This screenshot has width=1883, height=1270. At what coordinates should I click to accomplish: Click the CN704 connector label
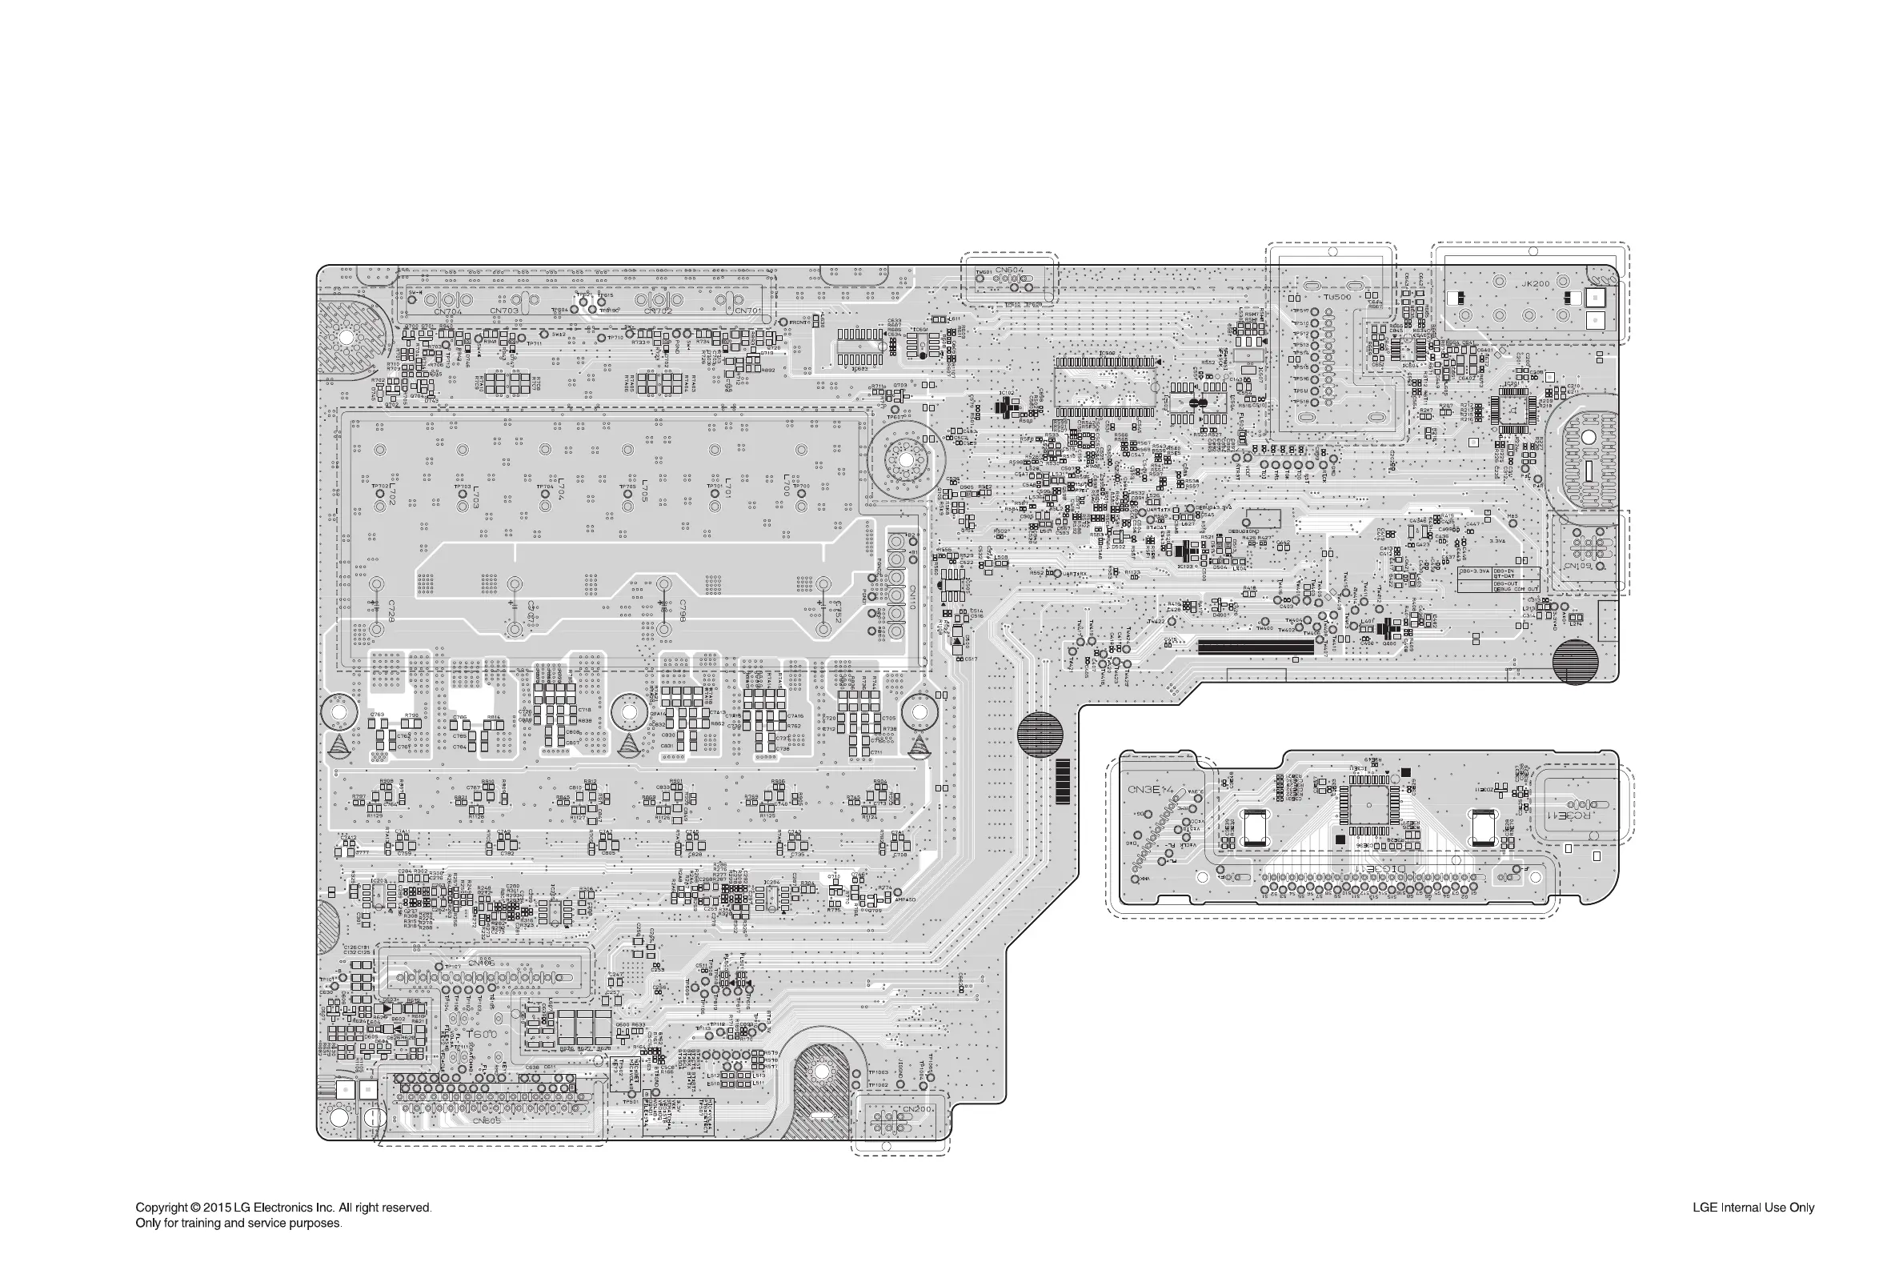pos(448,311)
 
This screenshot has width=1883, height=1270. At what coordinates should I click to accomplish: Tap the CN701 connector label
pos(747,310)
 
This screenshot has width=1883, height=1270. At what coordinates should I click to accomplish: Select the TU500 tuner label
pos(1336,297)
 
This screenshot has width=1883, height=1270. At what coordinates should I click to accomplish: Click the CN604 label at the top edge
pos(1009,270)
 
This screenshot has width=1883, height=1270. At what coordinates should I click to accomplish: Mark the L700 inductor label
pos(787,485)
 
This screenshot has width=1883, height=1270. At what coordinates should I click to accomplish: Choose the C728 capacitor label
pos(391,611)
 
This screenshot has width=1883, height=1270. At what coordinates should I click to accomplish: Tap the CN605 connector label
pos(487,1121)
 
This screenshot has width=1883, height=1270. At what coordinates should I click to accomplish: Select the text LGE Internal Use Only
pos(1753,1208)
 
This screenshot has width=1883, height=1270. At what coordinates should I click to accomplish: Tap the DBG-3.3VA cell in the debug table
pos(1474,572)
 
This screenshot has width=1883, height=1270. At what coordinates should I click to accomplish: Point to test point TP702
pos(380,487)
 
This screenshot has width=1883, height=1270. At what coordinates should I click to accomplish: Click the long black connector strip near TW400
pos(1256,647)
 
